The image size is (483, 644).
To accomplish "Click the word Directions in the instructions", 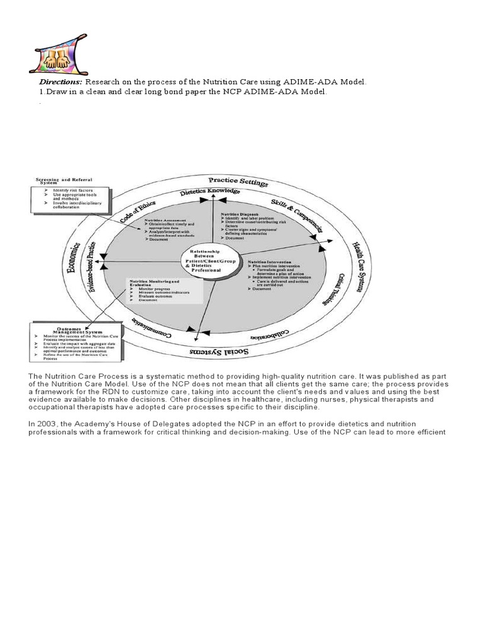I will (60, 82).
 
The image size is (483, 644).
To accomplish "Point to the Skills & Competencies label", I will (296, 214).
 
